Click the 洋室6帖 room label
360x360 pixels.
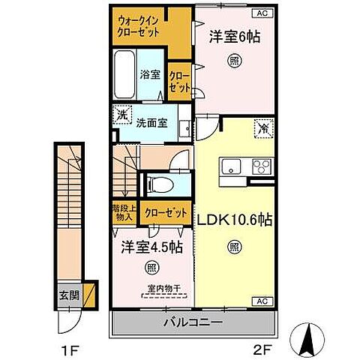234,37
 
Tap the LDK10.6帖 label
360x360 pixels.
234,221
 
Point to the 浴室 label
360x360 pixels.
151,74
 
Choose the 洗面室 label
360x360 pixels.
152,123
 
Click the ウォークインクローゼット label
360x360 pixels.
140,28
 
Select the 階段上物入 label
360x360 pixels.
123,212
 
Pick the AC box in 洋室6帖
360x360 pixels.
263,13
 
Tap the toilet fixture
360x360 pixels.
160,183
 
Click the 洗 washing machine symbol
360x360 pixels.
122,115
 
